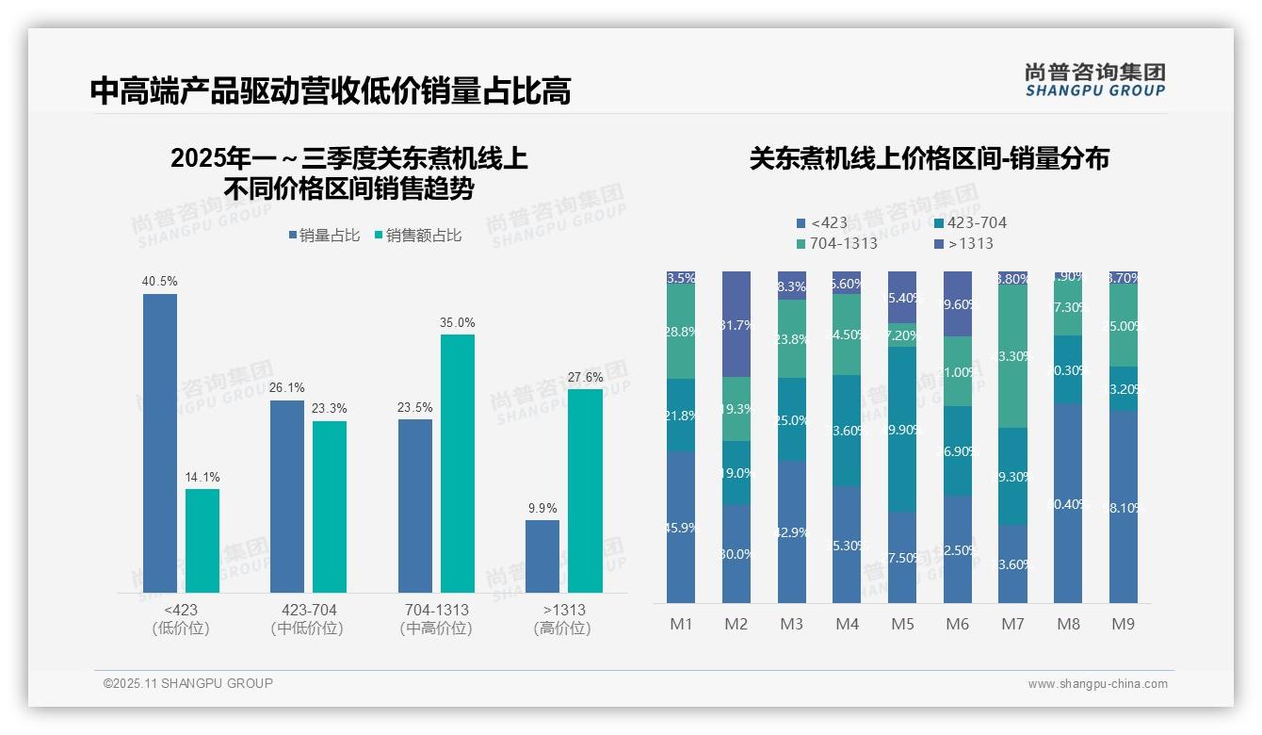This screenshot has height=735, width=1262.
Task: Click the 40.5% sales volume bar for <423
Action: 160,443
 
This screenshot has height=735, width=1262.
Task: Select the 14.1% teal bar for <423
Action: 202,541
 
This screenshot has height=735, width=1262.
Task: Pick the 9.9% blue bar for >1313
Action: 542,556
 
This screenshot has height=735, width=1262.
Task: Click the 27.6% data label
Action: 585,377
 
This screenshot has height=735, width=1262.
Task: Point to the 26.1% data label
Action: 287,388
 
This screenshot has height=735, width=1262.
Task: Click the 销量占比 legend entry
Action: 324,236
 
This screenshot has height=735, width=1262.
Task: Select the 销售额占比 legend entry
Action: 417,236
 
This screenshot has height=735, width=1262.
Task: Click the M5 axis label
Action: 902,624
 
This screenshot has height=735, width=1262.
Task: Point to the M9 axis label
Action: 1124,624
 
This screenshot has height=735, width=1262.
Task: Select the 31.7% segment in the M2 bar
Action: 736,324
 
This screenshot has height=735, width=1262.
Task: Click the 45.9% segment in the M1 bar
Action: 680,528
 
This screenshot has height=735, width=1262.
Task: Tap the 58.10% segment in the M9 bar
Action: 1124,507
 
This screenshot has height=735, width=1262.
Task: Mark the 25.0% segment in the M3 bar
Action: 792,419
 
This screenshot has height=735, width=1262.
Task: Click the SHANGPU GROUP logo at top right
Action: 1094,80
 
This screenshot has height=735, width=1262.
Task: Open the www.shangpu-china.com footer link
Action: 1097,684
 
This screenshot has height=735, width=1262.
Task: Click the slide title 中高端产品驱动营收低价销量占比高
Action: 331,91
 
